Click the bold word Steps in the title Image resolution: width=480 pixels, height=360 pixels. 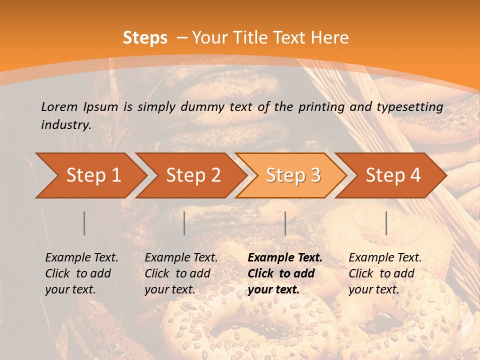point(145,37)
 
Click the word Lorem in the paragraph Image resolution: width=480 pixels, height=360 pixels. point(59,106)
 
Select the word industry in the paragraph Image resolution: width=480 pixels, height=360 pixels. point(65,124)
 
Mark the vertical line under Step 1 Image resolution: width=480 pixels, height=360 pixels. point(84,223)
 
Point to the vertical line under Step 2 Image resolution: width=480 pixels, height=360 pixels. point(184,223)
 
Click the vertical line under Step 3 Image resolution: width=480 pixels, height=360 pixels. point(285,223)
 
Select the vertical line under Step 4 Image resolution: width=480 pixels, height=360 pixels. point(386,223)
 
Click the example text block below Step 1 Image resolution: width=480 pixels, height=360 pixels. point(81,273)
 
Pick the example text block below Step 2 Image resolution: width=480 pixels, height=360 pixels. point(181,273)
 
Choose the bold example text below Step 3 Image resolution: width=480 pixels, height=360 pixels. point(285,273)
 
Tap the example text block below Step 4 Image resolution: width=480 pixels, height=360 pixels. point(385,273)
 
